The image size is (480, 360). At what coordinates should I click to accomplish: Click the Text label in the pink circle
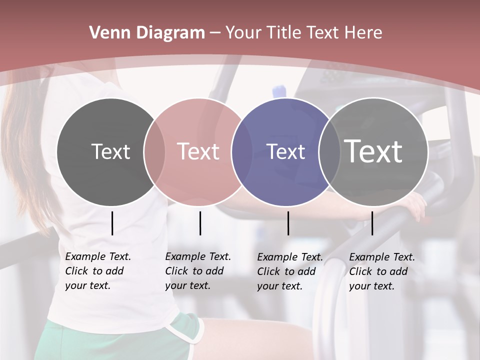tap(198, 151)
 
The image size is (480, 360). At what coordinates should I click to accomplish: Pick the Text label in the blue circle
tap(286, 151)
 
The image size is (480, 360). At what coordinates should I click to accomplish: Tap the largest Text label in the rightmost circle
tap(373, 151)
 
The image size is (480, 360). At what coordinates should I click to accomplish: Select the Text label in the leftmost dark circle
tap(111, 151)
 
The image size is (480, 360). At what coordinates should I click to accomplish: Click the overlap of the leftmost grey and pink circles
tap(154, 151)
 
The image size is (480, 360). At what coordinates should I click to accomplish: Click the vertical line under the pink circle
tap(200, 223)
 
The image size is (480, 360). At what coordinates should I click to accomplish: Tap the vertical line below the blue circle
tap(288, 223)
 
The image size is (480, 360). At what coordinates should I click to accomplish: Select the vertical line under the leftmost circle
tap(112, 223)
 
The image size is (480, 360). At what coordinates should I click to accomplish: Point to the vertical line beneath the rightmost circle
tap(372, 223)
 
